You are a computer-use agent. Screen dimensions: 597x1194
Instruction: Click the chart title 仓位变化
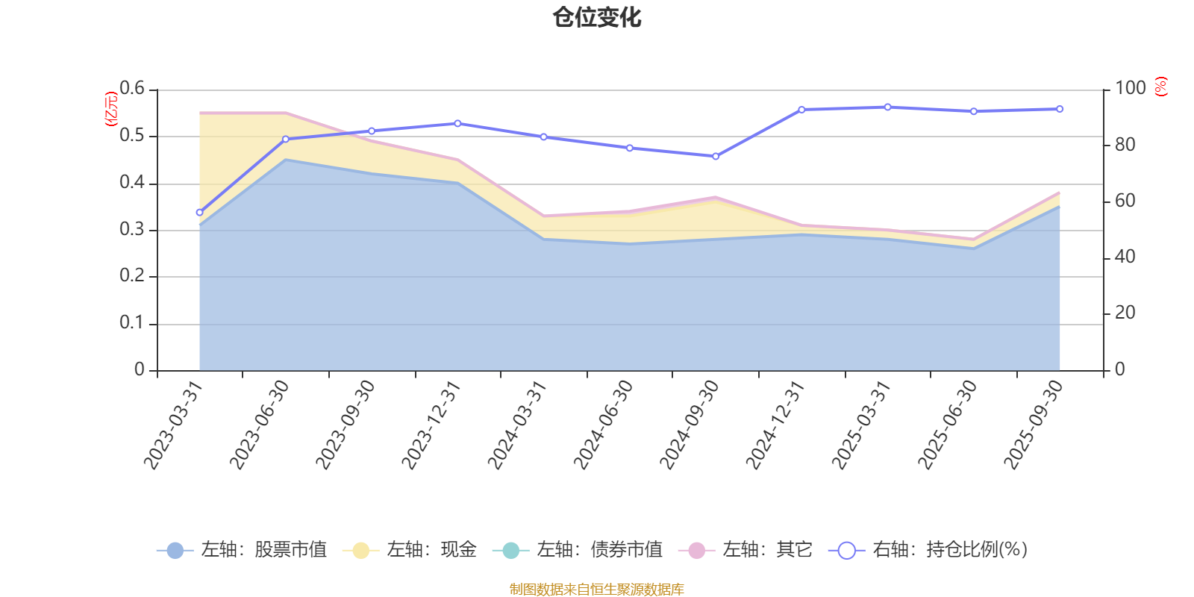click(597, 17)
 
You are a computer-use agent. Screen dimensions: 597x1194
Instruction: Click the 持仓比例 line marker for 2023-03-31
click(199, 213)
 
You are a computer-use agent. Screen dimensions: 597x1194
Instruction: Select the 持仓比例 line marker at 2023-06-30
click(285, 140)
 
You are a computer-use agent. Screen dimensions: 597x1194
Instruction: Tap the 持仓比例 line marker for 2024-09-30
click(716, 157)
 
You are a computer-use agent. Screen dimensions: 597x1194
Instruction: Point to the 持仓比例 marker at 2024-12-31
click(801, 110)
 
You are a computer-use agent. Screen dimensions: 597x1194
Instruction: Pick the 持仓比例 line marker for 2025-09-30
click(1060, 109)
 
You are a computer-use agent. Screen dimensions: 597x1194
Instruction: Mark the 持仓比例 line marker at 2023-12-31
click(457, 123)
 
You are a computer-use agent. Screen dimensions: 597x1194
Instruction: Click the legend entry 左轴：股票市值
click(242, 550)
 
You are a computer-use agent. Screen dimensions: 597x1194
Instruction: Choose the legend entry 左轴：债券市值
click(578, 550)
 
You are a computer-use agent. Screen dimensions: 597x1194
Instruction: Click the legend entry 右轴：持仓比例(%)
click(928, 550)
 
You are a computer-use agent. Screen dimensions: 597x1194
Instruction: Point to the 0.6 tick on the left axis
click(132, 89)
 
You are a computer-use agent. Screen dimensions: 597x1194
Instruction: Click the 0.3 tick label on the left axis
click(132, 230)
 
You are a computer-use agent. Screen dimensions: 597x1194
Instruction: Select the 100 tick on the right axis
click(1130, 89)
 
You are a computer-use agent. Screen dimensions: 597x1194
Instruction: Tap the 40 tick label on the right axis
click(1125, 257)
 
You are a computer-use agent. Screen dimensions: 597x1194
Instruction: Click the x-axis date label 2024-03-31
click(518, 425)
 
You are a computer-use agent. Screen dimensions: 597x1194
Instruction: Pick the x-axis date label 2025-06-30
click(948, 425)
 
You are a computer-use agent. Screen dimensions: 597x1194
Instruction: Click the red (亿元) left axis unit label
click(111, 109)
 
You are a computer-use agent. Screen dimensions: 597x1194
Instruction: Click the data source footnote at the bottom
click(597, 590)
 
